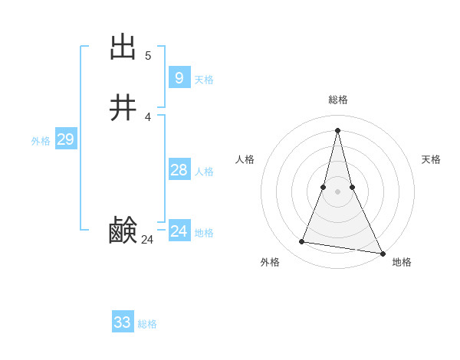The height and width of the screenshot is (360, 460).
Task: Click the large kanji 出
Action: [x=123, y=47]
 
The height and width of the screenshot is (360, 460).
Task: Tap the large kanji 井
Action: [x=123, y=108]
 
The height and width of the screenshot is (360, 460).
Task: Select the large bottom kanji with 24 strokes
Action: [x=123, y=230]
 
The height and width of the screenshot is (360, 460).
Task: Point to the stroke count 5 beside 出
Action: [x=148, y=56]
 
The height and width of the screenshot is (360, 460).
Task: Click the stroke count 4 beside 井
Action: [x=148, y=117]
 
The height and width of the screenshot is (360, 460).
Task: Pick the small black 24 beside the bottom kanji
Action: [x=147, y=240]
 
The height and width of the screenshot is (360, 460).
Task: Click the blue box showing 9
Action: [x=179, y=77]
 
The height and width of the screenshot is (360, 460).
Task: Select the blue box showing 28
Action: [x=179, y=170]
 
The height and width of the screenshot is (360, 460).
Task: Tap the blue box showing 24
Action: [x=179, y=231]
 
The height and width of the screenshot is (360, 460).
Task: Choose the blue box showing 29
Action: [x=65, y=139]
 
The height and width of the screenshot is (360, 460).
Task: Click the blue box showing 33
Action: [x=122, y=322]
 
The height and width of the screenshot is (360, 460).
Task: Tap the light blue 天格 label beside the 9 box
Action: [x=204, y=80]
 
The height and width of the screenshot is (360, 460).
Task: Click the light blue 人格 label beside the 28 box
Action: [x=204, y=172]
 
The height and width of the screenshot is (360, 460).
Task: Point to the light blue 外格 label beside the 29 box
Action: [x=41, y=141]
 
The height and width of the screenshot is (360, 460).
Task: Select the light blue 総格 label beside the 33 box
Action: [x=147, y=324]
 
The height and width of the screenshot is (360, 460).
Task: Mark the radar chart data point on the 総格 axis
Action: [x=337, y=129]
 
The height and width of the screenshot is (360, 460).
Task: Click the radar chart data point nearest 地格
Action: [x=382, y=254]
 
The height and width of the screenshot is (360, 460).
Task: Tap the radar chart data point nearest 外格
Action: [x=301, y=242]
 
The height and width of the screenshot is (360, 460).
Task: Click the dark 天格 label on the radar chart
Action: [x=431, y=159]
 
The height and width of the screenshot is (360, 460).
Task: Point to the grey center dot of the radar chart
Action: [x=337, y=191]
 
